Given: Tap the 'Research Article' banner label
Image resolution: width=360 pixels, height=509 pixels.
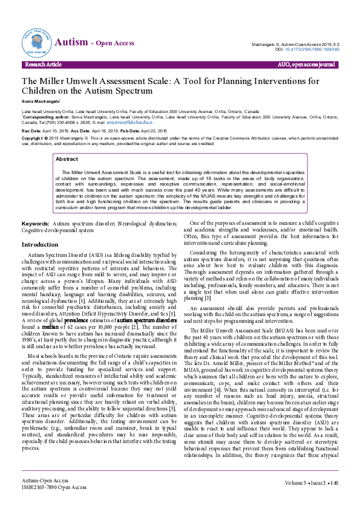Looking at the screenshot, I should (44, 63).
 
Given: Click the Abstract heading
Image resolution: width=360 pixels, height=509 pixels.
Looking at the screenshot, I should (66, 159).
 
